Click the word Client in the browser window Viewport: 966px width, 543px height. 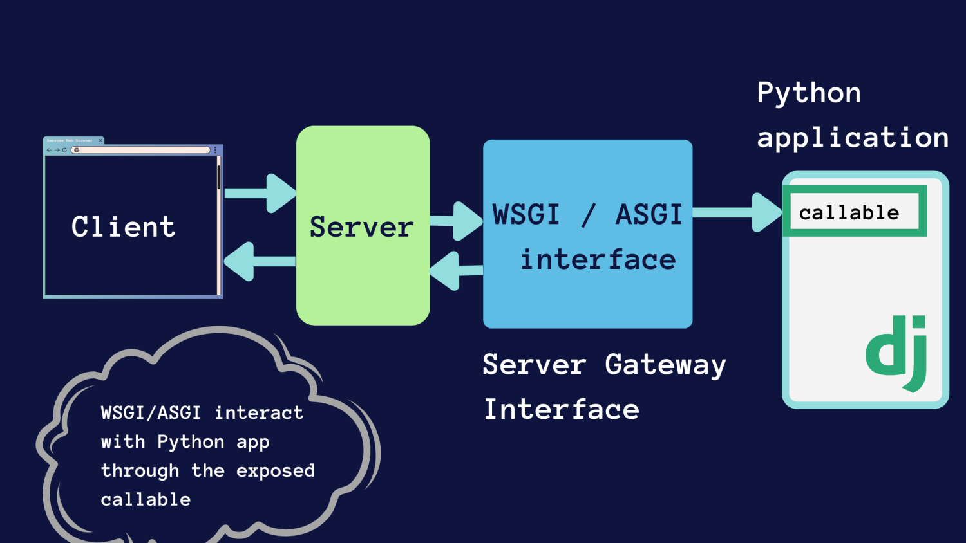123,227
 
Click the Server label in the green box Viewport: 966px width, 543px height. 361,227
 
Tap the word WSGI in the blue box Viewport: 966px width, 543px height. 526,214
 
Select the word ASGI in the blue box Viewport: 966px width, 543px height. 649,214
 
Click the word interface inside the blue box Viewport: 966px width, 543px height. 598,260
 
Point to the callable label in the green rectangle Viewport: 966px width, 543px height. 849,212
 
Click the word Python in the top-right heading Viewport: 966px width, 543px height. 809,93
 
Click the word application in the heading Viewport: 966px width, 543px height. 852,138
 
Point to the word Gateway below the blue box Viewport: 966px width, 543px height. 665,365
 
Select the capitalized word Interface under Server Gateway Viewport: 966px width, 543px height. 561,410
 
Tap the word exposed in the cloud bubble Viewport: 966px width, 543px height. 275,471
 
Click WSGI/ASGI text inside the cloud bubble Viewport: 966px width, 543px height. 151,412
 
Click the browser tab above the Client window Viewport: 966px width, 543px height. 73,140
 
